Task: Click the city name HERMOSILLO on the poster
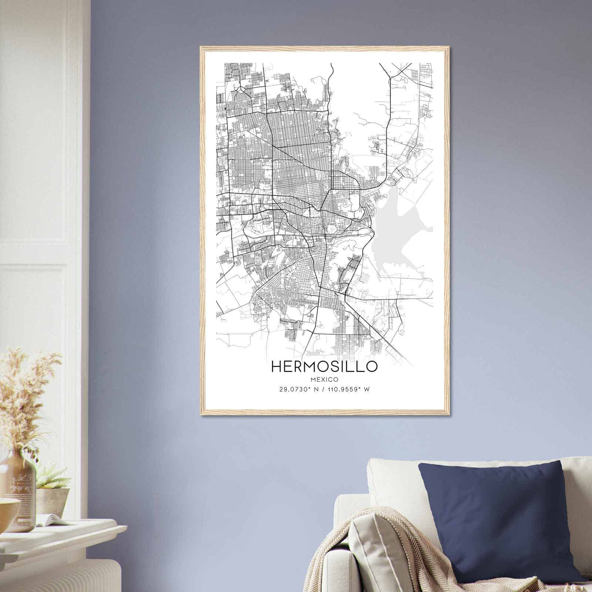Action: click(x=324, y=366)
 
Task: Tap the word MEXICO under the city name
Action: click(x=324, y=379)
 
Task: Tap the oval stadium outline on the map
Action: click(x=332, y=230)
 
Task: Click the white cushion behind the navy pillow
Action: click(x=392, y=481)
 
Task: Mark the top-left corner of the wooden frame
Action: click(x=201, y=47)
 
